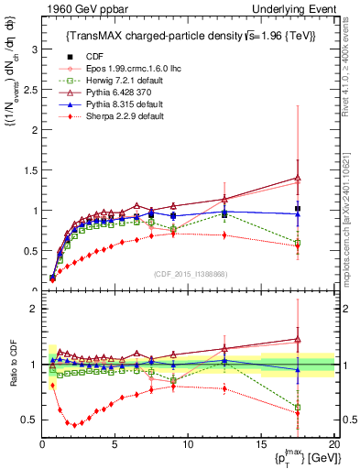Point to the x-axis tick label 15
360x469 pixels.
point(260,444)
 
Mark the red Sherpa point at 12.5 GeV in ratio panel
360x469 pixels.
point(224,388)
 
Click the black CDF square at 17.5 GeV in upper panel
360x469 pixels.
point(297,209)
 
